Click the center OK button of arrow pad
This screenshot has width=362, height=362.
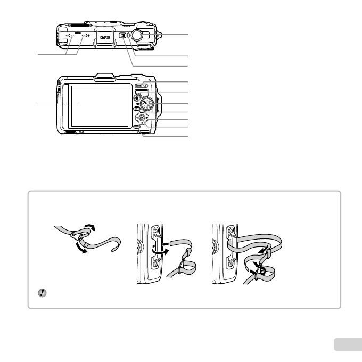point(141,119)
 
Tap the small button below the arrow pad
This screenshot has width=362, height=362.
point(138,128)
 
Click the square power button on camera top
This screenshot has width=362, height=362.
point(124,36)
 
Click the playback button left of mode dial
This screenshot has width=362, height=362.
point(137,98)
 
